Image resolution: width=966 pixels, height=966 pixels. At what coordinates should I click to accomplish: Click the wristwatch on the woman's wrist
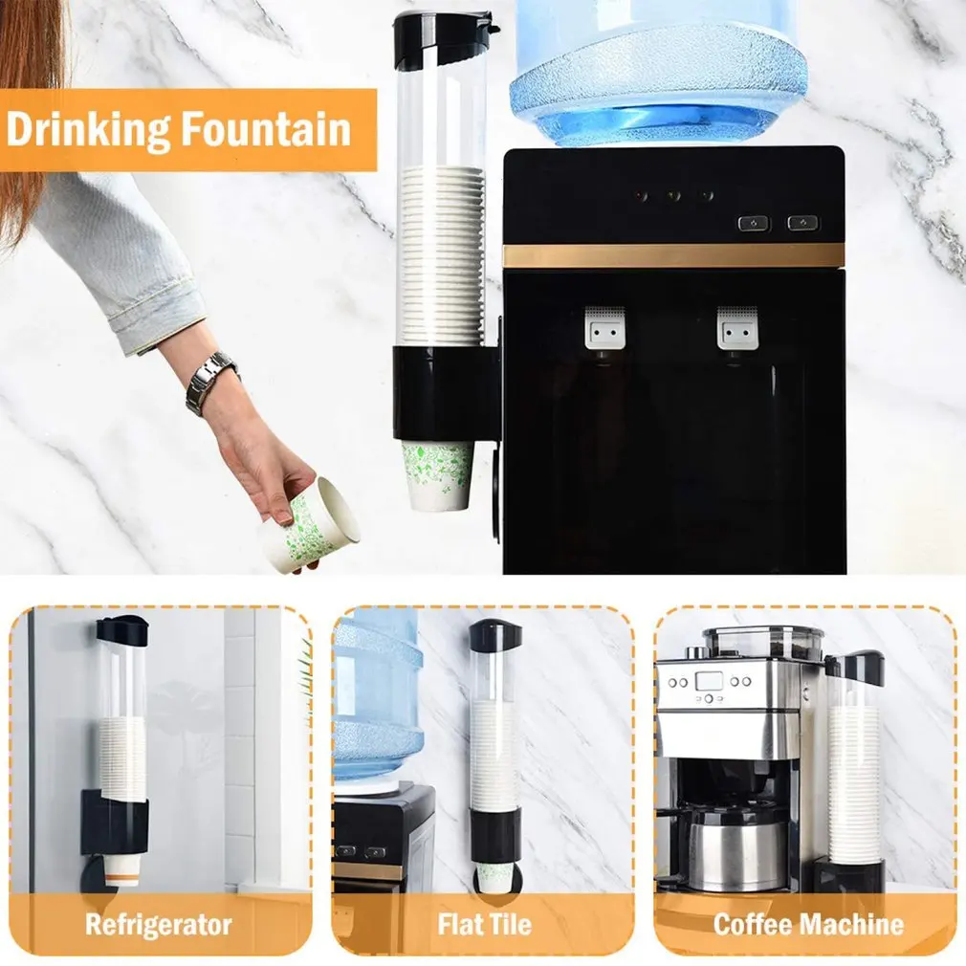(210, 380)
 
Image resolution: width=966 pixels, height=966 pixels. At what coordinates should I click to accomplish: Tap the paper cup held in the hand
(308, 526)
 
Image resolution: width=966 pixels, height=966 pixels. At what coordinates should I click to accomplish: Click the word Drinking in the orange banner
(92, 129)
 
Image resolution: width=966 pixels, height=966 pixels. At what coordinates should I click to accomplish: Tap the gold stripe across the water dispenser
(673, 255)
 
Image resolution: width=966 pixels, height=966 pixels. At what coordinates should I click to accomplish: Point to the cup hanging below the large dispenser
(439, 474)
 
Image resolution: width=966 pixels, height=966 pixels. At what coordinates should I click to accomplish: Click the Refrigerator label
(159, 925)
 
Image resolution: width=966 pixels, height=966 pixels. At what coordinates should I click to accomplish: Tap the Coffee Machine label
(808, 925)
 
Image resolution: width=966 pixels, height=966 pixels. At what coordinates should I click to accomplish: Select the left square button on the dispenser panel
(754, 223)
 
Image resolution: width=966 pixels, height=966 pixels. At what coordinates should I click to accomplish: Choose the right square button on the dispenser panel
(802, 223)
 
